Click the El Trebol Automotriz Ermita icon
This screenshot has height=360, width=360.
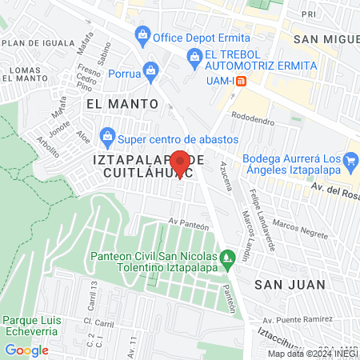(193, 57)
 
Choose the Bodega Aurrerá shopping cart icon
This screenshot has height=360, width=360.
(349, 162)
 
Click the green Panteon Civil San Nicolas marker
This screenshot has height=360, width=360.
(227, 257)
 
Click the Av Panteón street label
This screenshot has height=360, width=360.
(188, 224)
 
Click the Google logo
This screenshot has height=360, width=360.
(26, 350)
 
